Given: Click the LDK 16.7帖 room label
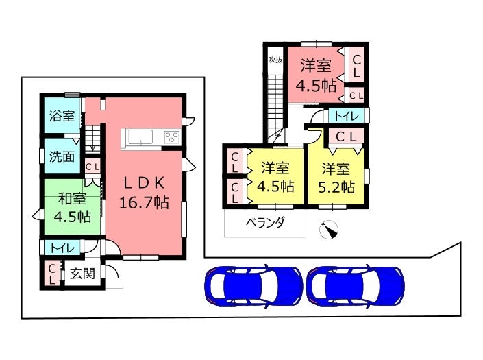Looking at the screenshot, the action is (144, 193).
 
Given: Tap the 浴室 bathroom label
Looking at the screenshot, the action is (62, 116).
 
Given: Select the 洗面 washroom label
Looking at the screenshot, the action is (62, 156).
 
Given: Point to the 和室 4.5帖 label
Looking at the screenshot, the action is (73, 208).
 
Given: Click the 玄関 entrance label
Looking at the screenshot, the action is (82, 274).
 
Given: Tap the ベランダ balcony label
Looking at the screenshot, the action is (265, 223).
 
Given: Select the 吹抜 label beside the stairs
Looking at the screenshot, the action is (275, 60).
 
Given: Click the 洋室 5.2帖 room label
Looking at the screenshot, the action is (336, 178).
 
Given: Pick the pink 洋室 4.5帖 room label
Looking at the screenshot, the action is (316, 75).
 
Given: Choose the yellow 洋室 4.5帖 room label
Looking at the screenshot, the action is (275, 177).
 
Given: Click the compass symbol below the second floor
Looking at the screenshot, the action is (329, 230).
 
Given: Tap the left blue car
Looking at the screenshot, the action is (253, 286).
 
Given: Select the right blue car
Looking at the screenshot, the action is (356, 286).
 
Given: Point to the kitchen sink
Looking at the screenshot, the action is (140, 137).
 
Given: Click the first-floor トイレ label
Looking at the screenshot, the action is (62, 248).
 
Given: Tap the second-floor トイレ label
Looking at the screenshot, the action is (347, 116).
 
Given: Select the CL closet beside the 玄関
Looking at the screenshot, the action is (52, 274).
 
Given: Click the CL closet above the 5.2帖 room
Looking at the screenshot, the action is (346, 137).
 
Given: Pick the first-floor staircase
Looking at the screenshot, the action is (92, 139).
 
